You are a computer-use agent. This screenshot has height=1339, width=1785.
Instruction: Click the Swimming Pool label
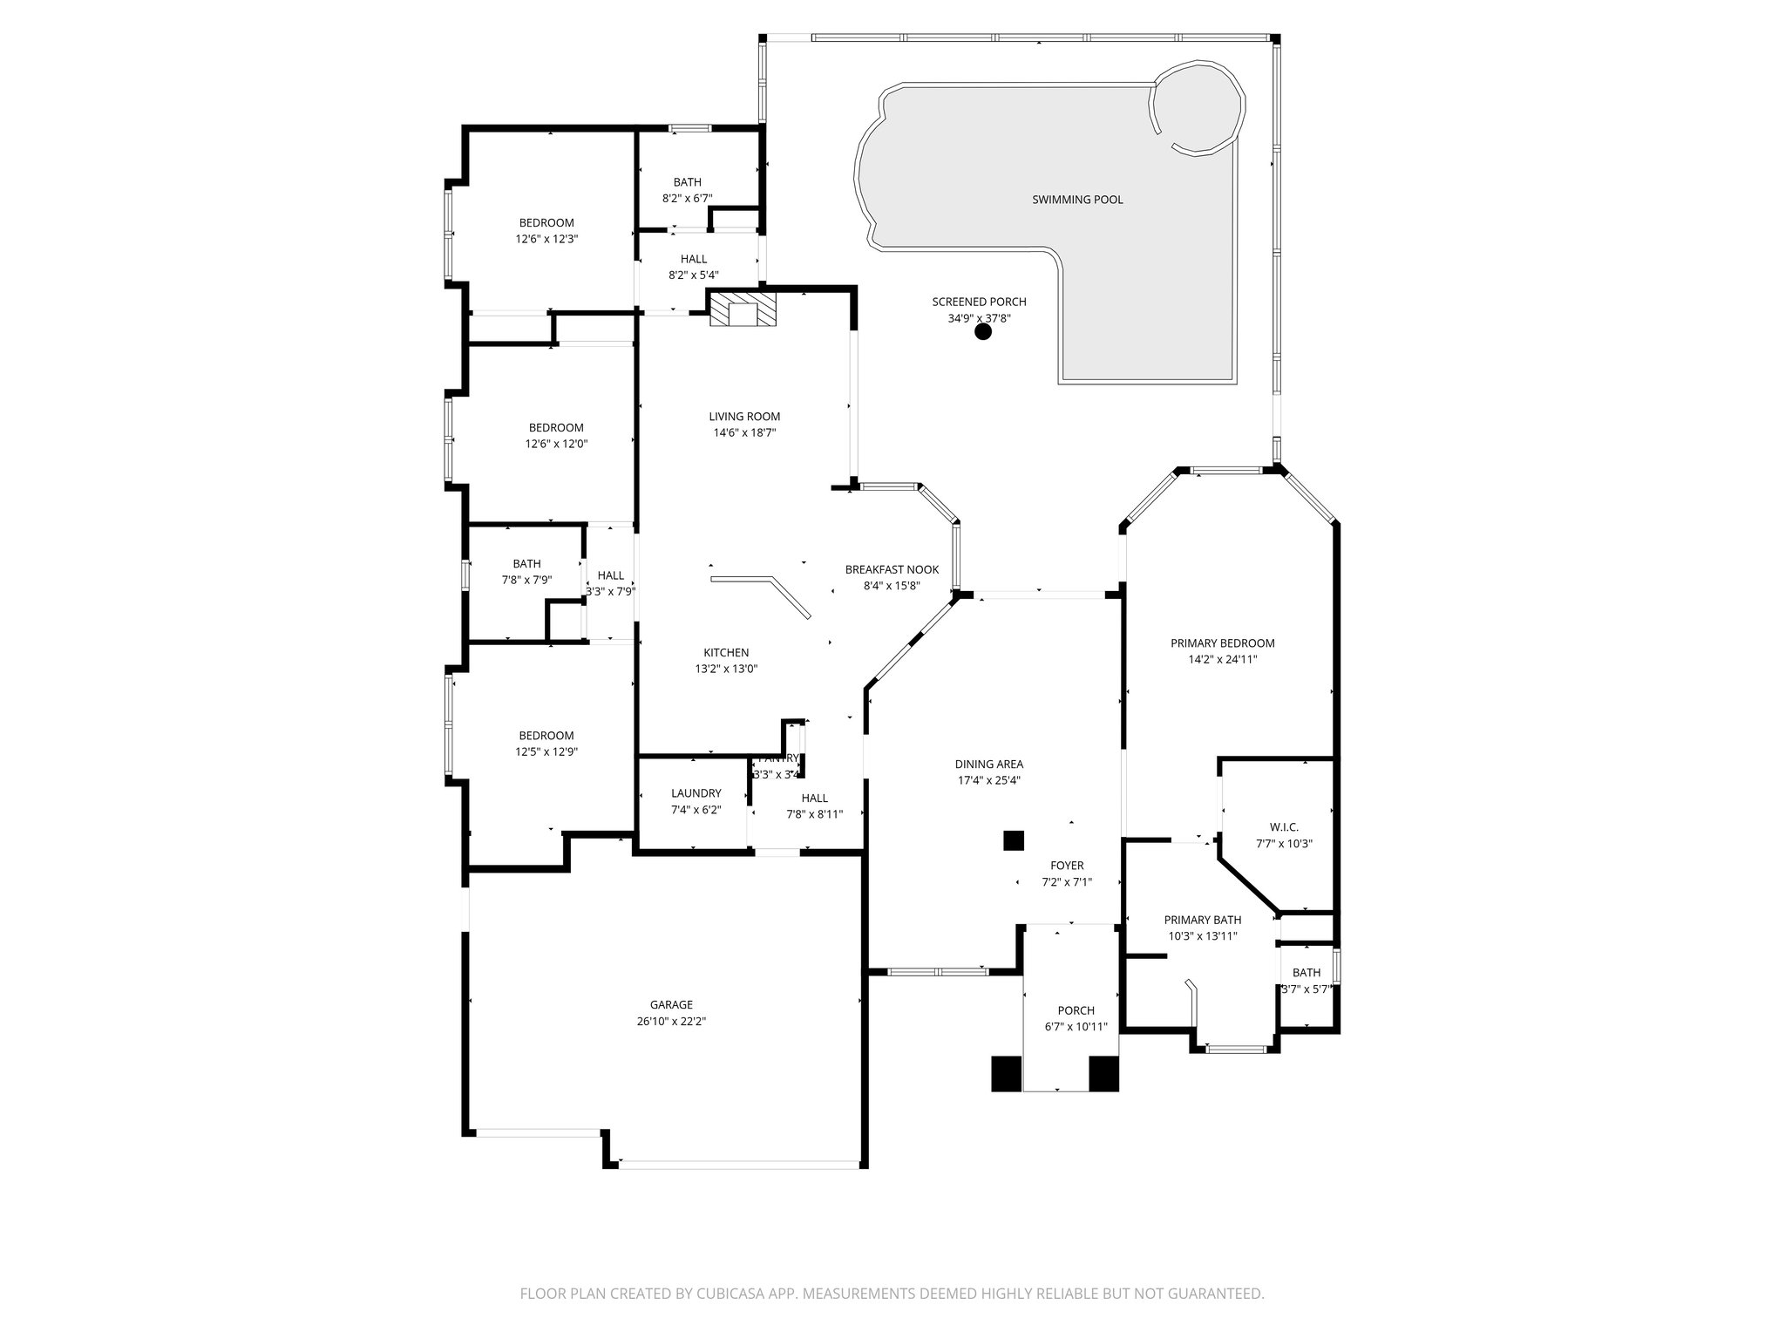[x=1077, y=200]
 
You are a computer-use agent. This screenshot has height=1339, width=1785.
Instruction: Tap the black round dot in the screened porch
[x=983, y=331]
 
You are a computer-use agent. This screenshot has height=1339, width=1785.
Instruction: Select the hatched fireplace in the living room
[x=743, y=309]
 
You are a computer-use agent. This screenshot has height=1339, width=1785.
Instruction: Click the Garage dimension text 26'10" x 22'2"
[x=671, y=1021]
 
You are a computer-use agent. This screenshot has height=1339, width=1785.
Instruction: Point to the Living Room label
[x=744, y=417]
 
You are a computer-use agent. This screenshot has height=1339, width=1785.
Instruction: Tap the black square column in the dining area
[x=1013, y=840]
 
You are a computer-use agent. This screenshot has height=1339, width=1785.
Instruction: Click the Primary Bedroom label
[x=1222, y=643]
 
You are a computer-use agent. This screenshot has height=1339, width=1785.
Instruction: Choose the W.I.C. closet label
[x=1284, y=826]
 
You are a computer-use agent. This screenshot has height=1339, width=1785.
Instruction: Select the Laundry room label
[x=696, y=793]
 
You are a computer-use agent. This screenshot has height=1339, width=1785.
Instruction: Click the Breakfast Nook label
[x=892, y=569]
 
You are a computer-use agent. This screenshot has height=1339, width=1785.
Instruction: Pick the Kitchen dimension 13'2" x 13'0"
[x=726, y=669]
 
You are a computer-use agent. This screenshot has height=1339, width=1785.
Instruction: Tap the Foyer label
[x=1067, y=866]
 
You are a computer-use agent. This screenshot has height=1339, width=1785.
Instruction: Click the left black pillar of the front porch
[x=1006, y=1073]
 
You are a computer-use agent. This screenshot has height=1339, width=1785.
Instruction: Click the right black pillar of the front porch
[x=1103, y=1073]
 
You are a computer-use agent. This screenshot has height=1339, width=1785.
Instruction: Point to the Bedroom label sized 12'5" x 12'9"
[x=546, y=736]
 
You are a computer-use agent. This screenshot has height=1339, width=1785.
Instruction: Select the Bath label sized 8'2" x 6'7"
[x=687, y=182]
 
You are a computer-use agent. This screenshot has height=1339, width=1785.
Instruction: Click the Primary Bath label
[x=1203, y=920]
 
